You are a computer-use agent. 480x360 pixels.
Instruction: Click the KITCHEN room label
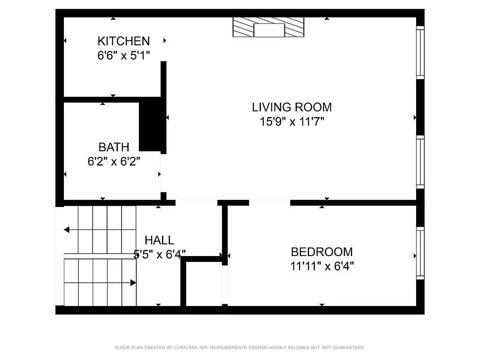tap(124, 41)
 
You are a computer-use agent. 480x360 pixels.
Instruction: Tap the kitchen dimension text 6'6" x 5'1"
tap(124, 55)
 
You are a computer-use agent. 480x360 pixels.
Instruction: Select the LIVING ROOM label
tap(292, 107)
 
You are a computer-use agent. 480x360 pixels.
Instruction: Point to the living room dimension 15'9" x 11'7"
tap(292, 121)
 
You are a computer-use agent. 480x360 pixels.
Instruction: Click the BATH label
tap(114, 147)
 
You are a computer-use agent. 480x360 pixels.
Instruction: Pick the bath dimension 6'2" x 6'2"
tap(114, 161)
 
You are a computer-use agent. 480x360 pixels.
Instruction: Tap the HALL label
tap(159, 240)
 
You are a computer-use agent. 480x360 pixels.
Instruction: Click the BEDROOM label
tap(322, 252)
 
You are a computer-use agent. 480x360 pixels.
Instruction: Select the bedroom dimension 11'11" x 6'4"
tap(322, 266)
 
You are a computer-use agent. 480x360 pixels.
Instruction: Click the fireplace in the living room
tap(269, 27)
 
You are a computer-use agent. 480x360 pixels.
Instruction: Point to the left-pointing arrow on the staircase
tap(67, 230)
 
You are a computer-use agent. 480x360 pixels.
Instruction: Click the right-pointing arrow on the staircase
tap(133, 283)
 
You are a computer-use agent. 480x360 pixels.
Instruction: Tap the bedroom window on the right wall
tap(420, 253)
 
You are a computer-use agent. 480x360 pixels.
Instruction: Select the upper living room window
tap(420, 53)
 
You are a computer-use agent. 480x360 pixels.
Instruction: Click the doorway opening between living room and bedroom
tap(269, 202)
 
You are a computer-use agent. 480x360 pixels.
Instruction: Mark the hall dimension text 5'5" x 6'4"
tap(160, 255)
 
